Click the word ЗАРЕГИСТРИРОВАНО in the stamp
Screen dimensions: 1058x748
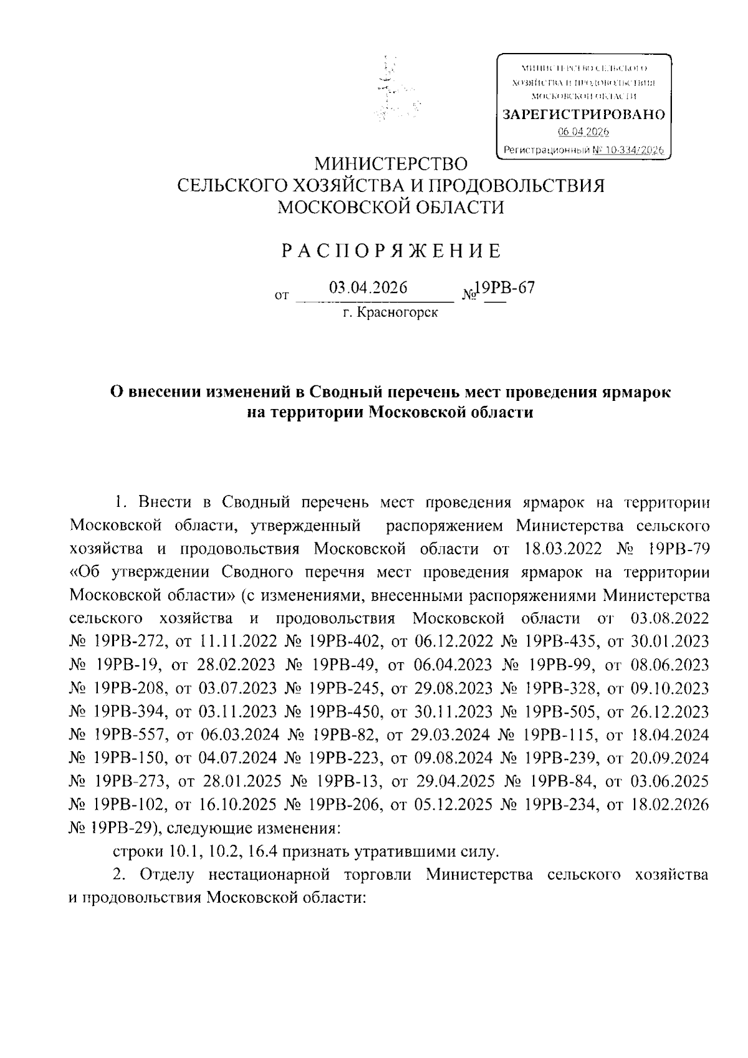(584, 115)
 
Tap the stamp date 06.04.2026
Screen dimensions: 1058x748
(583, 132)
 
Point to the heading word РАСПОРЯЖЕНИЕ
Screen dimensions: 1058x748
(391, 251)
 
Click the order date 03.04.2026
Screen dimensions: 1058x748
(368, 287)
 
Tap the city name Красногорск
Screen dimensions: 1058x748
(397, 312)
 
